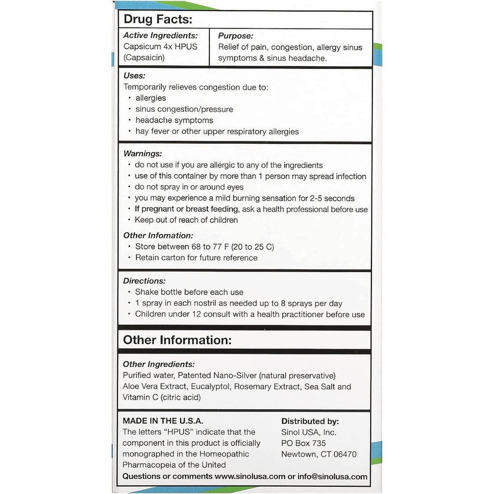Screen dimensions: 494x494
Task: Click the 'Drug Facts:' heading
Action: tap(158, 20)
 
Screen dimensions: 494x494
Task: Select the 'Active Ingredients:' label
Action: tap(161, 35)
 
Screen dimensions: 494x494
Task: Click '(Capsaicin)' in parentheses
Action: tap(144, 58)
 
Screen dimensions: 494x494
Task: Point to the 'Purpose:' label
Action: tap(235, 36)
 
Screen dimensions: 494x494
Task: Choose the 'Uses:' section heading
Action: tap(135, 76)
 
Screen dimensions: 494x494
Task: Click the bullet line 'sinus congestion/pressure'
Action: tap(184, 109)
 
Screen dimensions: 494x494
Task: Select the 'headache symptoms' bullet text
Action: tap(174, 120)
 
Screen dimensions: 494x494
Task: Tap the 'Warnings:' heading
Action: tap(143, 154)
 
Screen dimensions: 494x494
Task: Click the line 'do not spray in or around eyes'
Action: tap(189, 187)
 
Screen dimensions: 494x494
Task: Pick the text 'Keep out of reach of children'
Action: tap(186, 220)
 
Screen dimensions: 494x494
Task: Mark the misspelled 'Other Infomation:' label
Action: tap(158, 235)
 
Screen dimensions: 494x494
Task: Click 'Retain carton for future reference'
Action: tap(196, 258)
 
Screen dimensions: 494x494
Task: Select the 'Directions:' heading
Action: tap(144, 281)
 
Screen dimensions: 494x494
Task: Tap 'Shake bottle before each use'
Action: tap(189, 292)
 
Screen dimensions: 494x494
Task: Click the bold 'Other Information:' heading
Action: tap(178, 340)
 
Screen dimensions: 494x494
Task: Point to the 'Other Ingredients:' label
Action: tap(159, 364)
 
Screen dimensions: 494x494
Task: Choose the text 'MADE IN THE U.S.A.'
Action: tap(163, 421)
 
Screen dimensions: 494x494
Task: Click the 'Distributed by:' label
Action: tap(310, 422)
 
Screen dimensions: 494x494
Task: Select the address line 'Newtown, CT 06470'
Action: tap(319, 454)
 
